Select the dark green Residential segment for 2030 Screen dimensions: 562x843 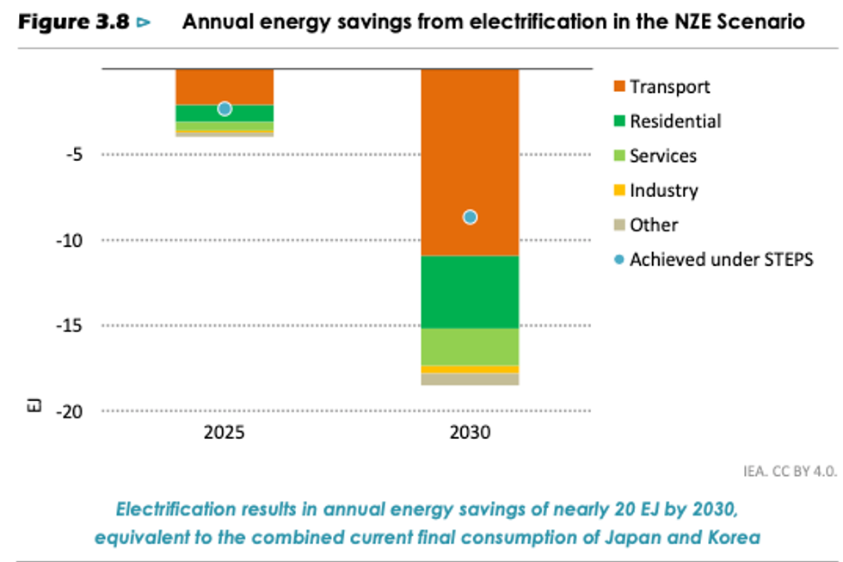click(x=470, y=292)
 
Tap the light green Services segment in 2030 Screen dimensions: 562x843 click(x=470, y=346)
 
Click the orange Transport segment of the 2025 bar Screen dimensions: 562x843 click(x=225, y=86)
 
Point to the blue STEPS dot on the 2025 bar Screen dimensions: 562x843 click(x=225, y=108)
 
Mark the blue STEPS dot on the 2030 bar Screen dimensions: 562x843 click(x=470, y=217)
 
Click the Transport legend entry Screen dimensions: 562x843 click(x=669, y=87)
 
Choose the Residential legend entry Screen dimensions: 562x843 click(x=674, y=121)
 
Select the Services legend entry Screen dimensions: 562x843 click(x=662, y=156)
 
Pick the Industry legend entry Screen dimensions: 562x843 click(x=663, y=190)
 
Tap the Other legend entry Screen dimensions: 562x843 click(x=653, y=225)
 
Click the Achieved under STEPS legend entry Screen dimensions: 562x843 click(x=721, y=259)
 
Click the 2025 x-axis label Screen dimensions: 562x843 click(x=225, y=433)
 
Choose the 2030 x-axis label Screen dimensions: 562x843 click(x=470, y=433)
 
